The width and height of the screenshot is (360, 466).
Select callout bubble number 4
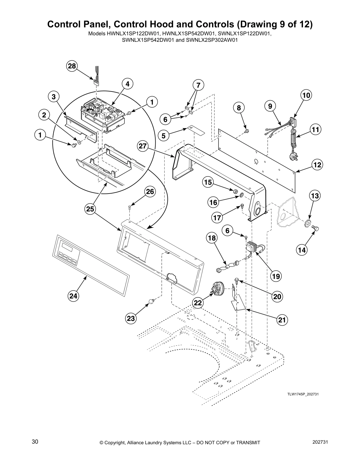point(127,84)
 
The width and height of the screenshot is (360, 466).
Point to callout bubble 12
point(317,165)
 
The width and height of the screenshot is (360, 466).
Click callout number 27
point(143,146)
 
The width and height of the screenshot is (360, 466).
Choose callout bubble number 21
point(282,320)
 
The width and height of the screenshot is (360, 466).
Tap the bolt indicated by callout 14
point(317,228)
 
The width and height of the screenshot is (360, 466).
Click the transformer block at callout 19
point(252,246)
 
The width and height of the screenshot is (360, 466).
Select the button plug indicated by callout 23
point(152,301)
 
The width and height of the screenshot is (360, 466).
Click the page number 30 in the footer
point(35,442)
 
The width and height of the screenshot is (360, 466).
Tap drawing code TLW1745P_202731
point(303,394)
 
